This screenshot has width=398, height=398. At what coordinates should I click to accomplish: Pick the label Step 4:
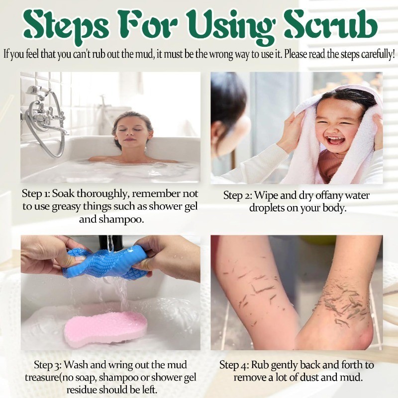click(x=234, y=365)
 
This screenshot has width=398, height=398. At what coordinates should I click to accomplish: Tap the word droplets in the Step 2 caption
click(x=267, y=208)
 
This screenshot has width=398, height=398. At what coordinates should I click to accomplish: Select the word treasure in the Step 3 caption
click(x=42, y=378)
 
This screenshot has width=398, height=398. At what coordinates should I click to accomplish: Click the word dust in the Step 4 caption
click(x=309, y=377)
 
